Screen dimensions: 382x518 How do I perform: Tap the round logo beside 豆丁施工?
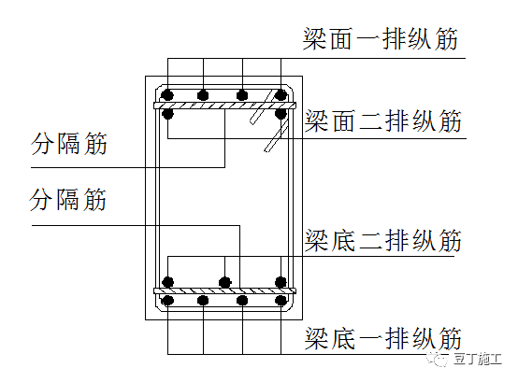(438, 359)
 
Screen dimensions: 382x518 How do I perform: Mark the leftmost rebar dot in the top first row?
(168, 94)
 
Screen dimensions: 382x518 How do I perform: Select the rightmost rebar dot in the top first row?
(280, 94)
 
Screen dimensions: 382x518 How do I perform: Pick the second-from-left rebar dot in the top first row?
(203, 94)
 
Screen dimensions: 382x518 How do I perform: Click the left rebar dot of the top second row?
(168, 114)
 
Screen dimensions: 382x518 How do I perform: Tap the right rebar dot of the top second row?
(280, 114)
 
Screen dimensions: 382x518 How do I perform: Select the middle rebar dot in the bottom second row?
(223, 281)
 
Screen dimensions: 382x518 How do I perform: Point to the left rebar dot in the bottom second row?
(168, 281)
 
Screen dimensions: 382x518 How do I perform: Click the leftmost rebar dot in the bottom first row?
(168, 301)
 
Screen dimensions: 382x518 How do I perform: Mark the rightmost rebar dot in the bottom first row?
(280, 301)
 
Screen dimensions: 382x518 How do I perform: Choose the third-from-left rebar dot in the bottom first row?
(242, 301)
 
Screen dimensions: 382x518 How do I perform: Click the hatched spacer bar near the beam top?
(224, 105)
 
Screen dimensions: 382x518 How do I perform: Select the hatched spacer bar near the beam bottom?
(224, 290)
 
